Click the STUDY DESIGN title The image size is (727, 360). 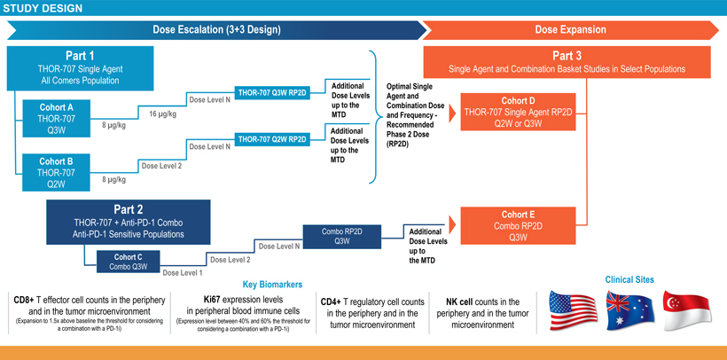point(43,9)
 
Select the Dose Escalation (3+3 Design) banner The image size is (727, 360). point(216,30)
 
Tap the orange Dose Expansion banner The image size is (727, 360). point(570,30)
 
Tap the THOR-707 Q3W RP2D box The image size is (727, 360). point(271,92)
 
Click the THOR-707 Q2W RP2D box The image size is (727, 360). point(271,138)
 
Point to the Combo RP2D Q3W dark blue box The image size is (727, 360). point(340,236)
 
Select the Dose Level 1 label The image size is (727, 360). point(183,273)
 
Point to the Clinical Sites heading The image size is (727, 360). point(629,280)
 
